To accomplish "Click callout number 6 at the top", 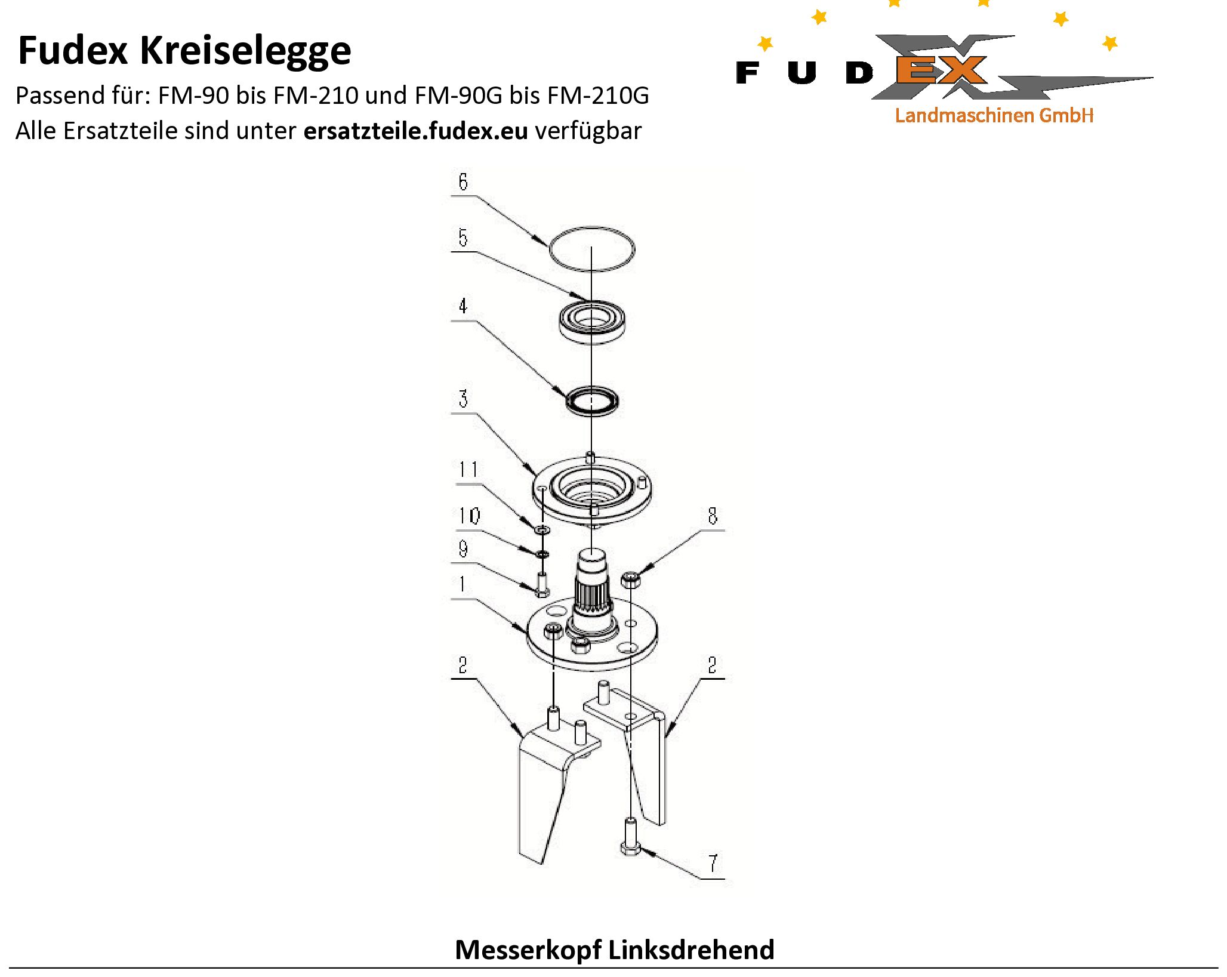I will click(x=463, y=181).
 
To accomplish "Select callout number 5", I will click(x=463, y=238).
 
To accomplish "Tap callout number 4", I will click(x=463, y=306).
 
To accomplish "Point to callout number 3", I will click(x=464, y=399).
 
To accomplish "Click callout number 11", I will click(x=468, y=470).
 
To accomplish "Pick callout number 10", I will click(x=469, y=516).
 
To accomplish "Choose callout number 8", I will click(x=713, y=516).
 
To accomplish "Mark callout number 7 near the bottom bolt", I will click(x=713, y=863).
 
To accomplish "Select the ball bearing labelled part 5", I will click(x=591, y=322).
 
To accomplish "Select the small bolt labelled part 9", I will click(x=542, y=584).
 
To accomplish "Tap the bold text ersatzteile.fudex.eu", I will click(x=415, y=131).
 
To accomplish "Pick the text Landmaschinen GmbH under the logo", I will click(x=994, y=115).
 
